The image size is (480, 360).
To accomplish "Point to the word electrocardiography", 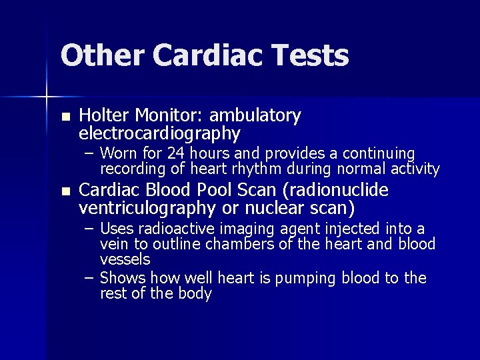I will pyautogui.click(x=159, y=134).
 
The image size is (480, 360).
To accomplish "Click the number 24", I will pyautogui.click(x=177, y=154).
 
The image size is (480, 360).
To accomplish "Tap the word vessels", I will pyautogui.click(x=125, y=259).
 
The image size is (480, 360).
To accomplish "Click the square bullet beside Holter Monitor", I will pyautogui.click(x=64, y=117).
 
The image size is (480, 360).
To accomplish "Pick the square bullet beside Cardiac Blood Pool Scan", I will pyautogui.click(x=64, y=192).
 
